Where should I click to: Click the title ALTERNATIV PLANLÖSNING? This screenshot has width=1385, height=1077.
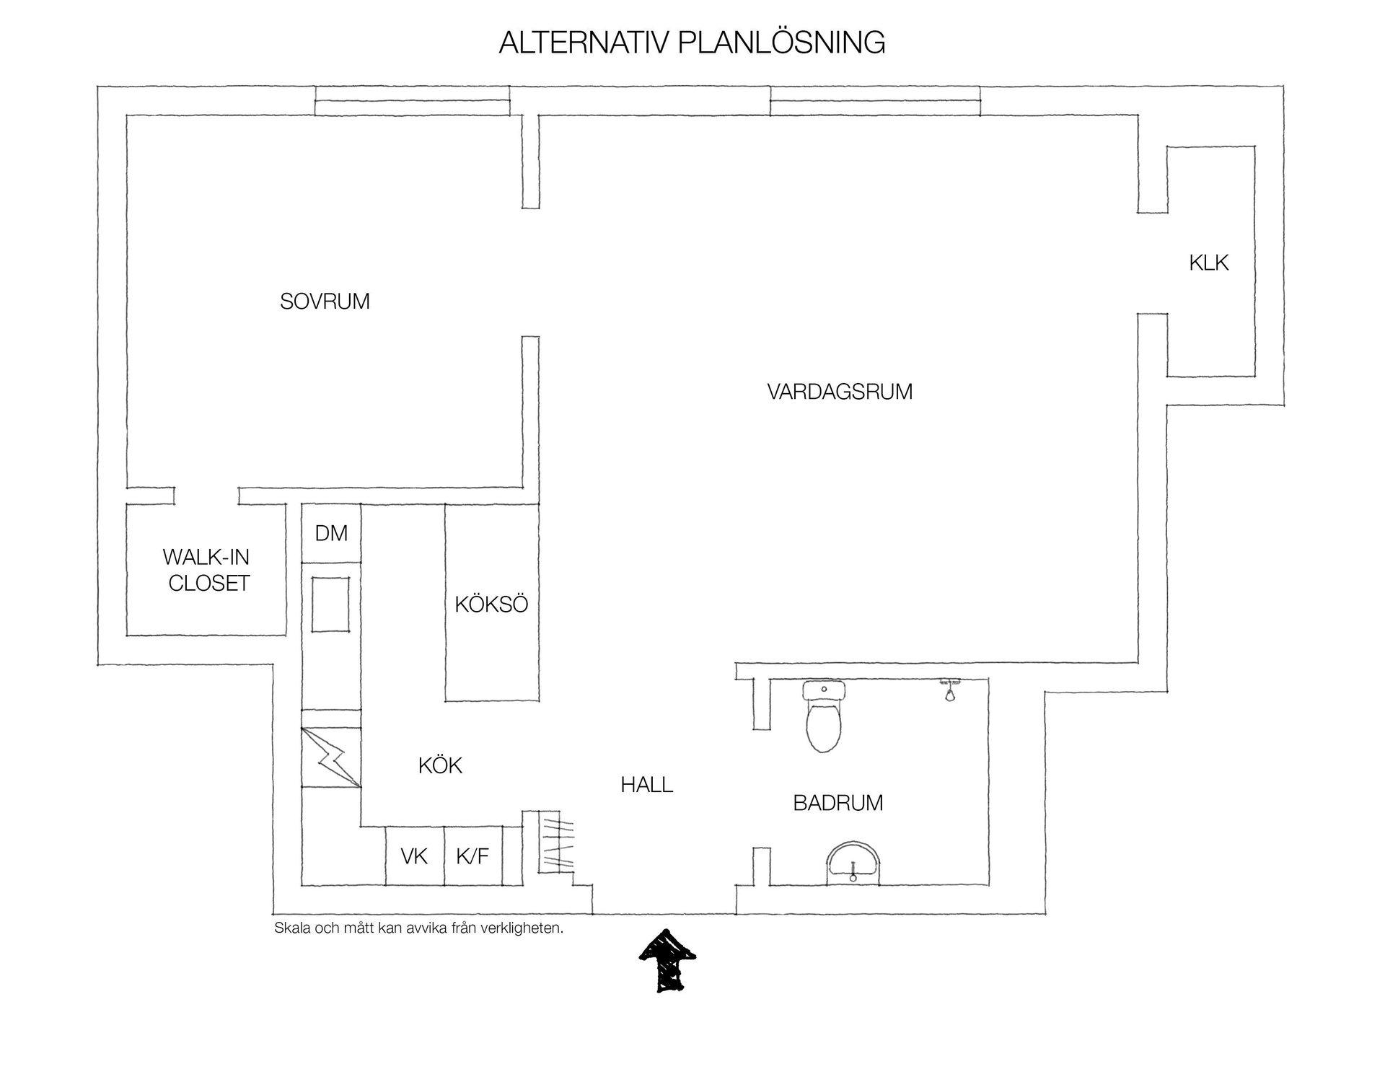pyautogui.click(x=692, y=43)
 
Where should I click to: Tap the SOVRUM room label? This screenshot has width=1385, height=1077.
pyautogui.click(x=325, y=302)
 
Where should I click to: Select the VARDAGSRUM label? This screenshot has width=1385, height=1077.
pyautogui.click(x=840, y=392)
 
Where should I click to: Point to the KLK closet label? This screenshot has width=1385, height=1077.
pyautogui.click(x=1209, y=263)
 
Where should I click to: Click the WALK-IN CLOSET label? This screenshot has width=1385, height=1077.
pyautogui.click(x=207, y=570)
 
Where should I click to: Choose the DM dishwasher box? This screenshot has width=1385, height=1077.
pyautogui.click(x=331, y=533)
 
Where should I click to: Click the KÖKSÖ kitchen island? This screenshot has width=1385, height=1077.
pyautogui.click(x=491, y=603)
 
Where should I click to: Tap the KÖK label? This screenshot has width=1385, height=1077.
pyautogui.click(x=440, y=765)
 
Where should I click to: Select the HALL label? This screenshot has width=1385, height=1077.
pyautogui.click(x=647, y=785)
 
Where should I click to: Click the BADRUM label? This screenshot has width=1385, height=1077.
pyautogui.click(x=838, y=803)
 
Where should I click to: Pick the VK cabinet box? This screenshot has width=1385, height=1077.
pyautogui.click(x=415, y=856)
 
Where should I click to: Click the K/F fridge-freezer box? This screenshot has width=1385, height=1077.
pyautogui.click(x=473, y=856)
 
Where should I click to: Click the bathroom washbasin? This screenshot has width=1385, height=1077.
pyautogui.click(x=853, y=861)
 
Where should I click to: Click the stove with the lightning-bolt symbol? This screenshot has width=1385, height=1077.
pyautogui.click(x=331, y=757)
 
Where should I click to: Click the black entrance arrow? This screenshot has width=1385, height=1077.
pyautogui.click(x=667, y=960)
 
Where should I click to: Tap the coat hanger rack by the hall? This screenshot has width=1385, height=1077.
pyautogui.click(x=557, y=844)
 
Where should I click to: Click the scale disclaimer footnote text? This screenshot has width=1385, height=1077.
pyautogui.click(x=418, y=928)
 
